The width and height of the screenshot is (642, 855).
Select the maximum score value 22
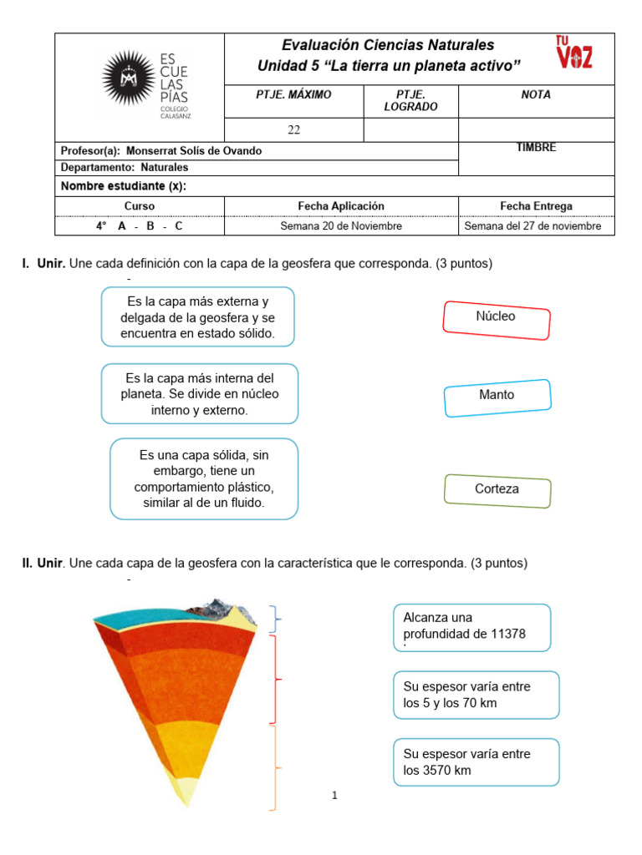[293, 129]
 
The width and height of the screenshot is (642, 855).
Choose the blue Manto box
[497, 396]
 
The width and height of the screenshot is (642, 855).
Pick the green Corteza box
[497, 490]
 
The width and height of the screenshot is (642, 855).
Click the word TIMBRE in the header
[536, 148]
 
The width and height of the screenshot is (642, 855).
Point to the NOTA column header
[536, 95]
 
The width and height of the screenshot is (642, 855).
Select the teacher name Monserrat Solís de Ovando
[193, 151]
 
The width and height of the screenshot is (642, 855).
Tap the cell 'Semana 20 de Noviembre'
[341, 226]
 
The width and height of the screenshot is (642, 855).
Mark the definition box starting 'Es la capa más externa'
[198, 317]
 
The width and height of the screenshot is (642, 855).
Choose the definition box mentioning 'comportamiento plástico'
[204, 479]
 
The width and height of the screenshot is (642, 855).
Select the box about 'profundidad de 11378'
[471, 626]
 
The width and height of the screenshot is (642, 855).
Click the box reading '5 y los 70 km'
[476, 695]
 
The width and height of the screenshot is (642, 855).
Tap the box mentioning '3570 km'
[476, 761]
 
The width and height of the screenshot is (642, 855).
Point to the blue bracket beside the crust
[275, 620]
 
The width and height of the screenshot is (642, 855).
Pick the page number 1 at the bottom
[334, 796]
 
